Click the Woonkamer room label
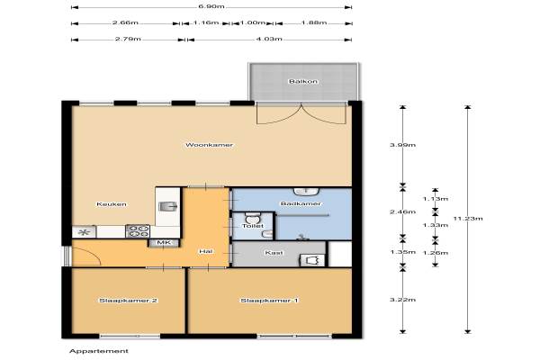coord(209,145)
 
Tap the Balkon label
coord(303,82)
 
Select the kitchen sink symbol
coord(168,206)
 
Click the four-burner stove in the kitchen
coord(138,231)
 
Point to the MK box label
coord(164,243)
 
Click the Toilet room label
coord(253,226)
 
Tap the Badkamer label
coord(301,203)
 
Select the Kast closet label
coord(274,253)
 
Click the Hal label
coord(205,251)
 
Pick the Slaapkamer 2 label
coord(128,301)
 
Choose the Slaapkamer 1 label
coord(269,301)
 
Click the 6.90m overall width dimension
coord(211,6)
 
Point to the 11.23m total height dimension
coord(468,219)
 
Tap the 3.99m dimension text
coord(402,145)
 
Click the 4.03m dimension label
coord(269,39)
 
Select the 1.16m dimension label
coord(205,22)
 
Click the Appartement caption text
coord(99,351)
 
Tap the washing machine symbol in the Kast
coord(312,260)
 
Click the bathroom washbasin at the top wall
coord(307,192)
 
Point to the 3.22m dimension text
coord(402,300)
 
